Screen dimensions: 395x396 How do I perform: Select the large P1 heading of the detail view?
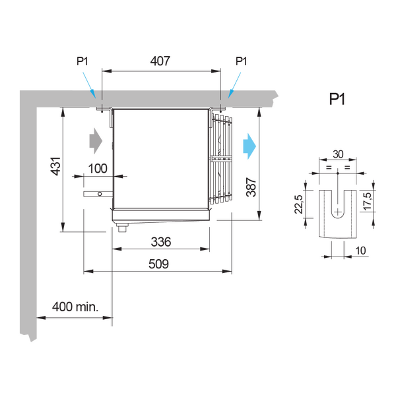click(338, 100)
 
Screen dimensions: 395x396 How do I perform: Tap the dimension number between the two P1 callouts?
click(160, 61)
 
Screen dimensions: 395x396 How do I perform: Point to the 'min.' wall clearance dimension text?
click(75, 307)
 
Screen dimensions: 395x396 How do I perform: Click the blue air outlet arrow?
click(249, 145)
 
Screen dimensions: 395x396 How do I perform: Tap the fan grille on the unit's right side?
click(222, 158)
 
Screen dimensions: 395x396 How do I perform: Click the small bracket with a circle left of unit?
click(96, 194)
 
